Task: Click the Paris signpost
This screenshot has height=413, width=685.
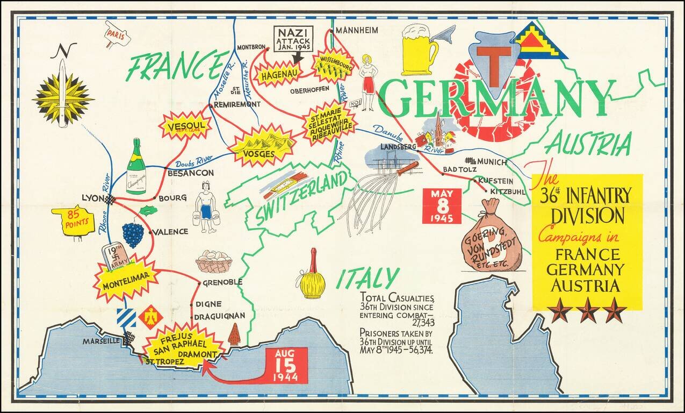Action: click(118, 33)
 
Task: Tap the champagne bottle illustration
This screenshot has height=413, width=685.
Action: click(136, 168)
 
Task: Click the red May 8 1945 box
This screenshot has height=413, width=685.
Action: click(441, 205)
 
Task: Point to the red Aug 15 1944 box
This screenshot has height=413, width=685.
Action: click(286, 365)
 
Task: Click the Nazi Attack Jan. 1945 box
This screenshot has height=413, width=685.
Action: click(293, 39)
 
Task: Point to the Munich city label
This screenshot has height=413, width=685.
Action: click(492, 161)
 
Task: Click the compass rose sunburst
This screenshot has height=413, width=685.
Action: click(63, 97)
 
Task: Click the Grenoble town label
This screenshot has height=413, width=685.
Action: click(223, 282)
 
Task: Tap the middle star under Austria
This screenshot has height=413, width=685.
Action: click(587, 310)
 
